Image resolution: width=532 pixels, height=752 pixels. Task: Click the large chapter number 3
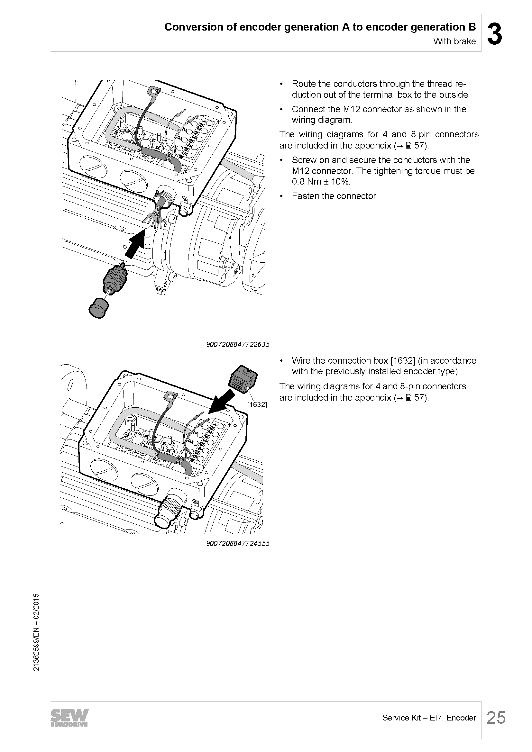[494, 34]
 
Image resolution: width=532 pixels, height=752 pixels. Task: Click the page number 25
[496, 718]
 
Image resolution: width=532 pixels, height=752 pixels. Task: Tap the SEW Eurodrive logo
[69, 718]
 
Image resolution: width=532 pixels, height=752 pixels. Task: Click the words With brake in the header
[454, 41]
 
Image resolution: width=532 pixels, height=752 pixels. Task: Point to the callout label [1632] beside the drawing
[257, 404]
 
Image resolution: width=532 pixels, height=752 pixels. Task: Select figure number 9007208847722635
[238, 344]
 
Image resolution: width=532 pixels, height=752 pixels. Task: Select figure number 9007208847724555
[238, 543]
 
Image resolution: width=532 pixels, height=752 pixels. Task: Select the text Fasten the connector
[335, 196]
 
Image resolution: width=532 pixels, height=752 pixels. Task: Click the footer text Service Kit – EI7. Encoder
[429, 718]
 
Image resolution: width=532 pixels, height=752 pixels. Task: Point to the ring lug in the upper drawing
[154, 90]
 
